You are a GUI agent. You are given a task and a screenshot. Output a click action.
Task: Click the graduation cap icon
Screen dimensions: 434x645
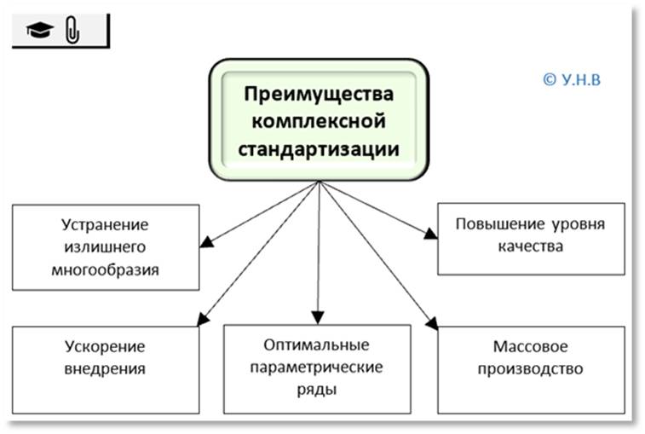40,32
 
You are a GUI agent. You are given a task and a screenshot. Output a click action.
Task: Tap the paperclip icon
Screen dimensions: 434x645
72,32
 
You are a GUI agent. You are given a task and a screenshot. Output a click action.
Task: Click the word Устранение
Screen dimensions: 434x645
105,226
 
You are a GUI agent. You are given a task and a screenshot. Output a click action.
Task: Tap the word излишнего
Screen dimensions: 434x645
105,247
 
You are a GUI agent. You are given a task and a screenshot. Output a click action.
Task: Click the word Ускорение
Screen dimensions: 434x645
105,347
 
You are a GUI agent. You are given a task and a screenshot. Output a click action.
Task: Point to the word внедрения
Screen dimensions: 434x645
105,369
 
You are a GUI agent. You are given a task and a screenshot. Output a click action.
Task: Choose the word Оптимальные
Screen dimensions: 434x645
318,345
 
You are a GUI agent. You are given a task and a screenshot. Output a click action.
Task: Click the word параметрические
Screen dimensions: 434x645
318,367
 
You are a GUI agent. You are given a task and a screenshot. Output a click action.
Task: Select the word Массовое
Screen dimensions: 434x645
530,347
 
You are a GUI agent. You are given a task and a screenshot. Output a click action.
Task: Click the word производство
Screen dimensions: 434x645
530,369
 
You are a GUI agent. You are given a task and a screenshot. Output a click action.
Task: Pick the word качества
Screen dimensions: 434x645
530,247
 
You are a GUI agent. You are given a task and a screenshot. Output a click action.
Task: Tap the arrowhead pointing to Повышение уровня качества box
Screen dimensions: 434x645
431,231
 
